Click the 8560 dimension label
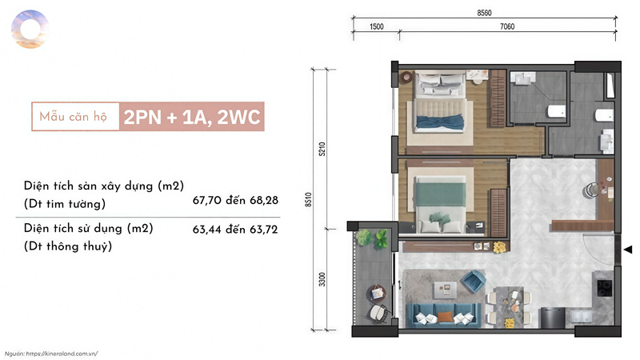[x=484, y=13]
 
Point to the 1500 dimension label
[x=376, y=26]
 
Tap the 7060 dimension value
[x=507, y=26]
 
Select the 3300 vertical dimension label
[x=322, y=279]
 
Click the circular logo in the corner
[x=30, y=30]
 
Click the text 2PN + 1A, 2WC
[x=192, y=117]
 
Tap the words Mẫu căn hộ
[x=73, y=117]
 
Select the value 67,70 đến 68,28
[x=235, y=201]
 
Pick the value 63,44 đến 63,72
[x=235, y=230]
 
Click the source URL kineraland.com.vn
[x=62, y=354]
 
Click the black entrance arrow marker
[x=628, y=249]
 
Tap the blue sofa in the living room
[x=444, y=315]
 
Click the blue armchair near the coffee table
[x=473, y=282]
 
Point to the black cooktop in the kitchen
[x=605, y=287]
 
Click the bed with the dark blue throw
[x=440, y=102]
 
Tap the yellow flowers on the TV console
[x=498, y=247]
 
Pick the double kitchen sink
[x=582, y=316]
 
